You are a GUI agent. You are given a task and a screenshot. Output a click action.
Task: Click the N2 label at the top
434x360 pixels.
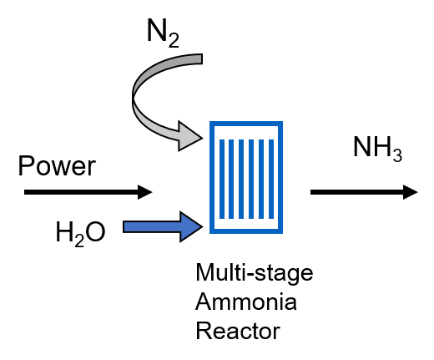163,33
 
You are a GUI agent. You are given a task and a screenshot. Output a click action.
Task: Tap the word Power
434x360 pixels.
57,165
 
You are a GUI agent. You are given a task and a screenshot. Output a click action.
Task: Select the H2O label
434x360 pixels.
80,233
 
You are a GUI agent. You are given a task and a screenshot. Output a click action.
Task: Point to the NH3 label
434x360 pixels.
377,148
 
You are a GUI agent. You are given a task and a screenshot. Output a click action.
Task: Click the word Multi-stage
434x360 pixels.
255,273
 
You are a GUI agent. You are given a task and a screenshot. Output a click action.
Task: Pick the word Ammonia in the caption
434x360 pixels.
246,302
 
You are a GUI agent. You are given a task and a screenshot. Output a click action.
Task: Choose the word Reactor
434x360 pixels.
238,331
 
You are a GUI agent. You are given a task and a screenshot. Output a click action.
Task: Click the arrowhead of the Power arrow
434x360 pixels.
145,192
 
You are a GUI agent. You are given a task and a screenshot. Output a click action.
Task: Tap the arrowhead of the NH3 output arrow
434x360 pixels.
411,192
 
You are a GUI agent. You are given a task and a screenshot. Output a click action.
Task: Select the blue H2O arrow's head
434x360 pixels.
191,227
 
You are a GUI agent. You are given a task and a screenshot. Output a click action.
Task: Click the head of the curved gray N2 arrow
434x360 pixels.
190,136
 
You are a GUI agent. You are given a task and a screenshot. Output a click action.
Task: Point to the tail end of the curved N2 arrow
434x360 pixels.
201,59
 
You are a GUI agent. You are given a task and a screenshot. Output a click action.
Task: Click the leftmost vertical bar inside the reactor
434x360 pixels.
222,179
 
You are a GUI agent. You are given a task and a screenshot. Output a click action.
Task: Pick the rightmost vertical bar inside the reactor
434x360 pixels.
271,179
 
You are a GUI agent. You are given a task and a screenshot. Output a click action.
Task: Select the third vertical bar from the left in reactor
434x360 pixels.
241,179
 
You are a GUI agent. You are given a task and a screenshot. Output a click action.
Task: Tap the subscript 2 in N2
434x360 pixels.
174,40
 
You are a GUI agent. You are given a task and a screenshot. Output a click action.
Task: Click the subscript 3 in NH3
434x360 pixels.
397,155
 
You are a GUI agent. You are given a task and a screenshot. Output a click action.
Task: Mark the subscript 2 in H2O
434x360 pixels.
79,241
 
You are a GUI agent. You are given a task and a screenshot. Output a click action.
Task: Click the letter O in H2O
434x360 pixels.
95,231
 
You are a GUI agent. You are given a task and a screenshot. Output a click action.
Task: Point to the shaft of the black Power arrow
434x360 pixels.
81,192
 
